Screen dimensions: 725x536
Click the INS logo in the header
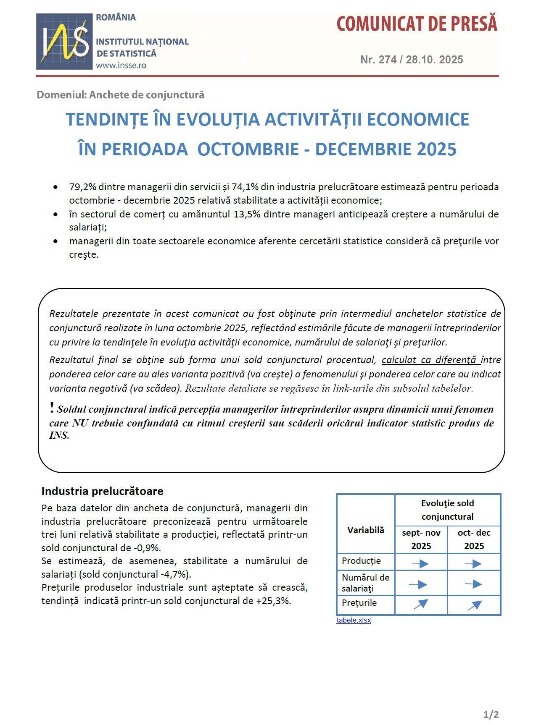(x=64, y=41)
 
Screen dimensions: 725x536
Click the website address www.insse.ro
(x=121, y=65)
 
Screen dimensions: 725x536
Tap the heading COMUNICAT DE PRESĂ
(x=417, y=24)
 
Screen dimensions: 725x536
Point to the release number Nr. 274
(x=378, y=60)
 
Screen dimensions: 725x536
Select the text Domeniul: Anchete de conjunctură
(x=120, y=95)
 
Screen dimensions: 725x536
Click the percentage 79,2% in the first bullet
(x=82, y=187)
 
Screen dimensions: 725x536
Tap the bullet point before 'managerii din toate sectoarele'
(x=55, y=241)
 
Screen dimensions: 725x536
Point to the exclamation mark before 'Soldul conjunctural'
(x=52, y=407)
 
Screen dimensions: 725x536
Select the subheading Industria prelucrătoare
(x=102, y=491)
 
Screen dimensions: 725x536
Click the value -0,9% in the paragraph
(x=147, y=548)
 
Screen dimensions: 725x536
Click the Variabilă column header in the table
(x=366, y=530)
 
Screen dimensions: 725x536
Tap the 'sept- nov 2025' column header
(x=421, y=539)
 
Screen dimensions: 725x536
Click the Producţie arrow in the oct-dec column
(x=474, y=564)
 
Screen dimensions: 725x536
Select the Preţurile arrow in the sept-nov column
(x=421, y=604)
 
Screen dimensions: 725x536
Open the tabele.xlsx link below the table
(x=354, y=620)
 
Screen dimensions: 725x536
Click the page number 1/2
(x=491, y=714)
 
